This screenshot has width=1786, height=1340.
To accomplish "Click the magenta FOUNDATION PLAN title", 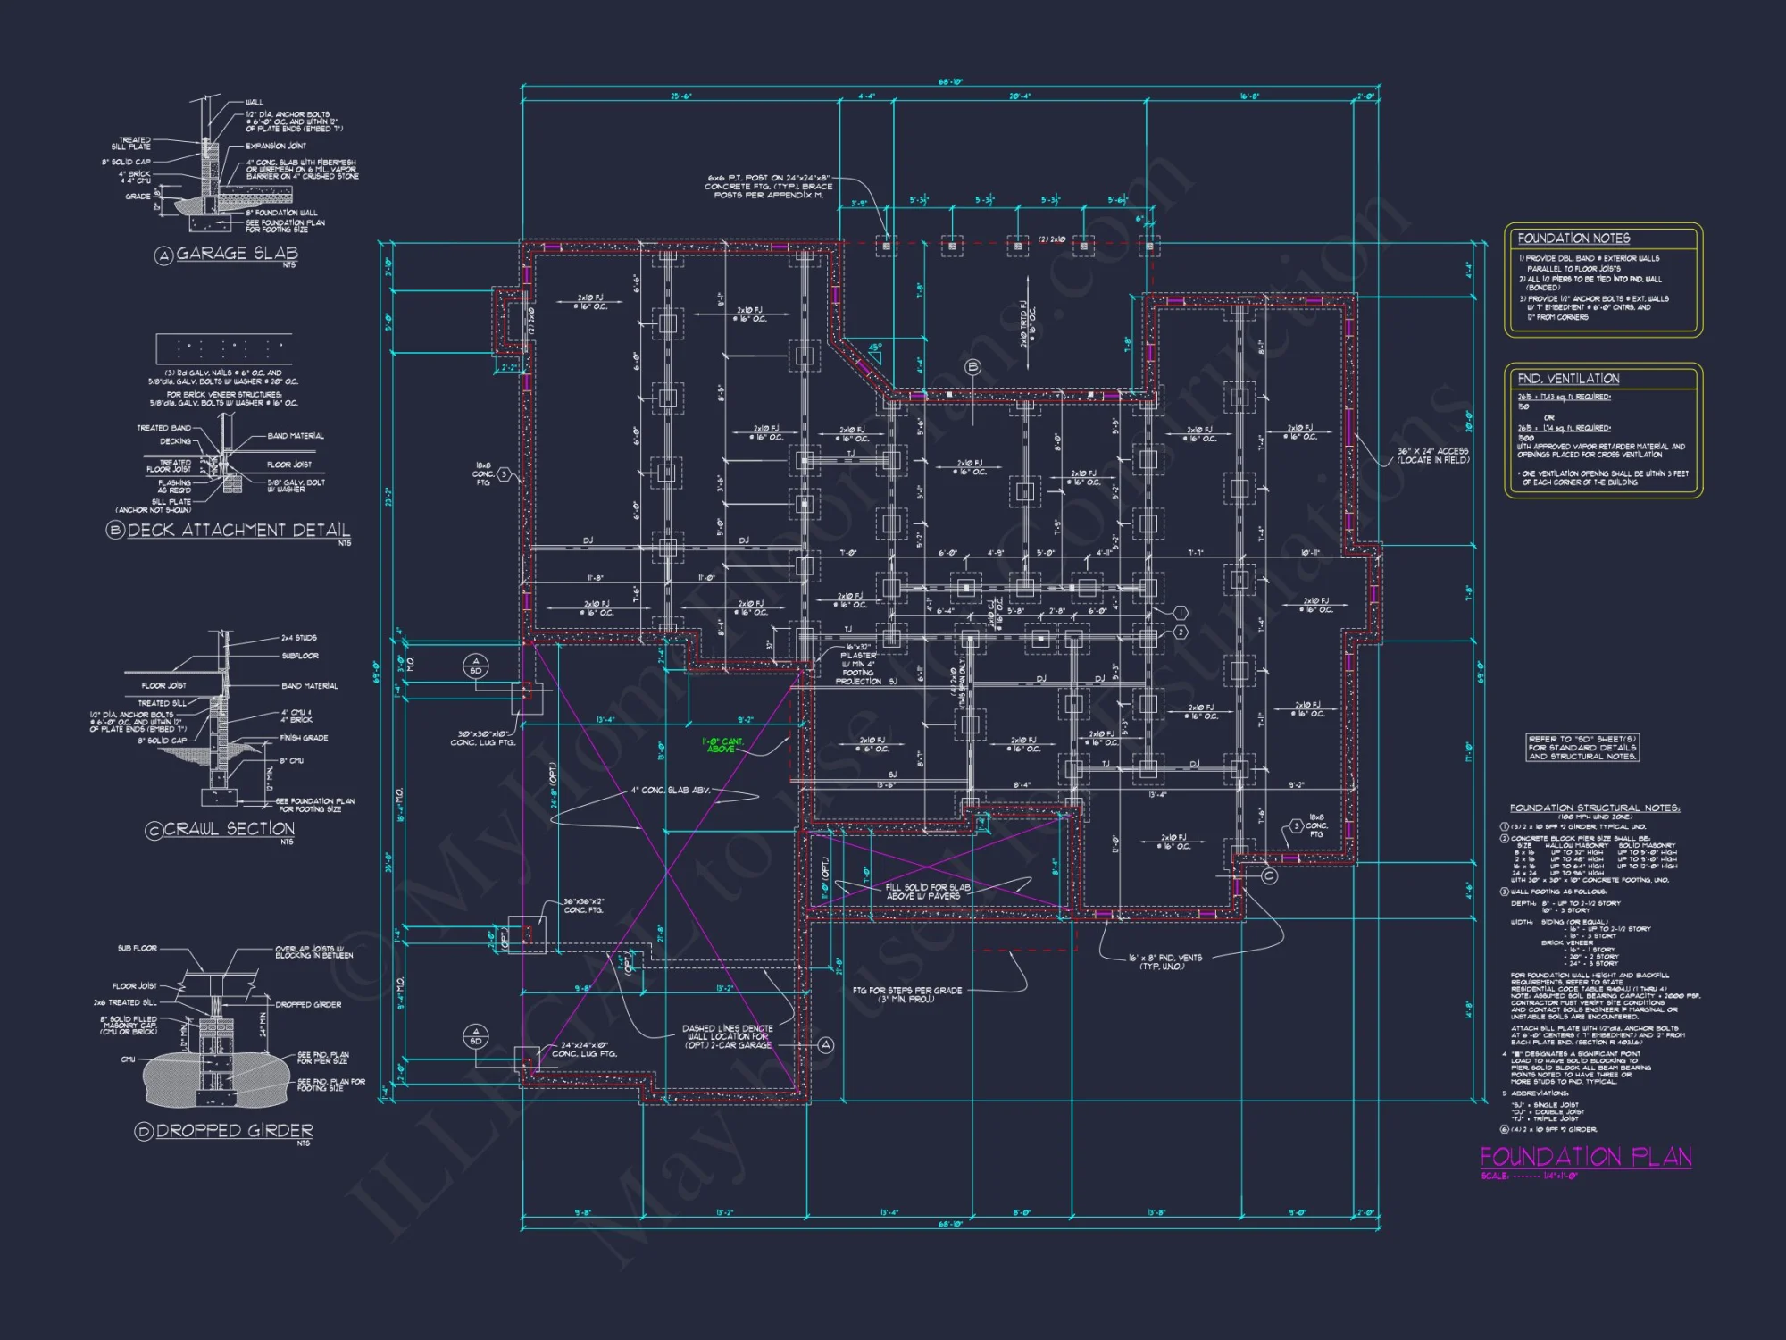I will [x=1586, y=1158].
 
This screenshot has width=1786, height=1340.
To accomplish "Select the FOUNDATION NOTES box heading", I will [x=1573, y=239].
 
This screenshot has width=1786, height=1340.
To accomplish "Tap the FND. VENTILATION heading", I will [x=1567, y=379].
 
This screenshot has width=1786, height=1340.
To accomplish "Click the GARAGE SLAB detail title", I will [x=237, y=254].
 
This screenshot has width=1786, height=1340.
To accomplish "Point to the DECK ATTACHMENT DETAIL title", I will [x=238, y=531].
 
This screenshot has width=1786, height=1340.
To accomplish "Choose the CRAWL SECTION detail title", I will [x=229, y=829].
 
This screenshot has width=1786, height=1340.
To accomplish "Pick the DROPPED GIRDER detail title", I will [x=234, y=1131].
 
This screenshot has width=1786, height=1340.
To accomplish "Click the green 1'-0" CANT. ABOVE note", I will [x=722, y=745].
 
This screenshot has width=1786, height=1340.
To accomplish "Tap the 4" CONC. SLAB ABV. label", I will [x=670, y=791].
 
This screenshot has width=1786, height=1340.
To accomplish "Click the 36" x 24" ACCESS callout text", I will [x=1433, y=456].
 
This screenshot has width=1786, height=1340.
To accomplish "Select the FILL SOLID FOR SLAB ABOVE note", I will [x=927, y=892].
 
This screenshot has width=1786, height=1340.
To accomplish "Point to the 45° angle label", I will [x=875, y=348].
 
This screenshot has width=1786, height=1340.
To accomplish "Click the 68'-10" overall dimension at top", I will [x=949, y=82].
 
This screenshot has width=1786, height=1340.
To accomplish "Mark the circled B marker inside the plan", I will [x=973, y=366].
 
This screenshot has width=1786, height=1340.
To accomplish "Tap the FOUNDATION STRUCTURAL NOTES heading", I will [x=1594, y=808].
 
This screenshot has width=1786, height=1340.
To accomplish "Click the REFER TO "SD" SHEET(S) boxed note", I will [x=1582, y=748].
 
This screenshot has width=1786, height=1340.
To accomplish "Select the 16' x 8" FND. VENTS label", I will [x=1165, y=961].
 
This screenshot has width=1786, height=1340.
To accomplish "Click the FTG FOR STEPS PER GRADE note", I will [x=906, y=994].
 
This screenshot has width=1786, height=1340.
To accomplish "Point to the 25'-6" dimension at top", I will [x=680, y=96].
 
